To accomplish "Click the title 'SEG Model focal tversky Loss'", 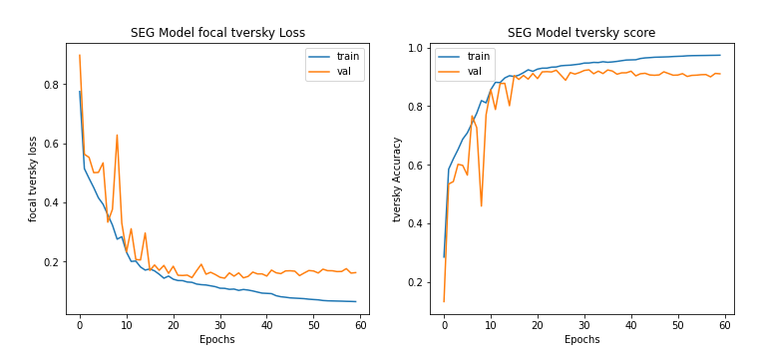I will (217, 33).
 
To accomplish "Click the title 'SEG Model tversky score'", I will (581, 33).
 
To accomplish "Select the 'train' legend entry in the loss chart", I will (342, 57).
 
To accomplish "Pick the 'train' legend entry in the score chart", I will (479, 57).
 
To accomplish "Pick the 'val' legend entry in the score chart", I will (475, 72).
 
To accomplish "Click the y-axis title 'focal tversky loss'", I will (33, 179).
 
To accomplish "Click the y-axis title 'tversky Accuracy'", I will (397, 179).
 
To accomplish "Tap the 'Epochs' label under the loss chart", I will (217, 339).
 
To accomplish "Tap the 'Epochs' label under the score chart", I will (581, 339).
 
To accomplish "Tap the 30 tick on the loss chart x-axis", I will (219, 325).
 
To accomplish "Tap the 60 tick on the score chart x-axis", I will (725, 325).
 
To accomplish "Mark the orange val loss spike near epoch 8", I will (117, 136).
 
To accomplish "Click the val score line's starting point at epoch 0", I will (444, 301).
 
